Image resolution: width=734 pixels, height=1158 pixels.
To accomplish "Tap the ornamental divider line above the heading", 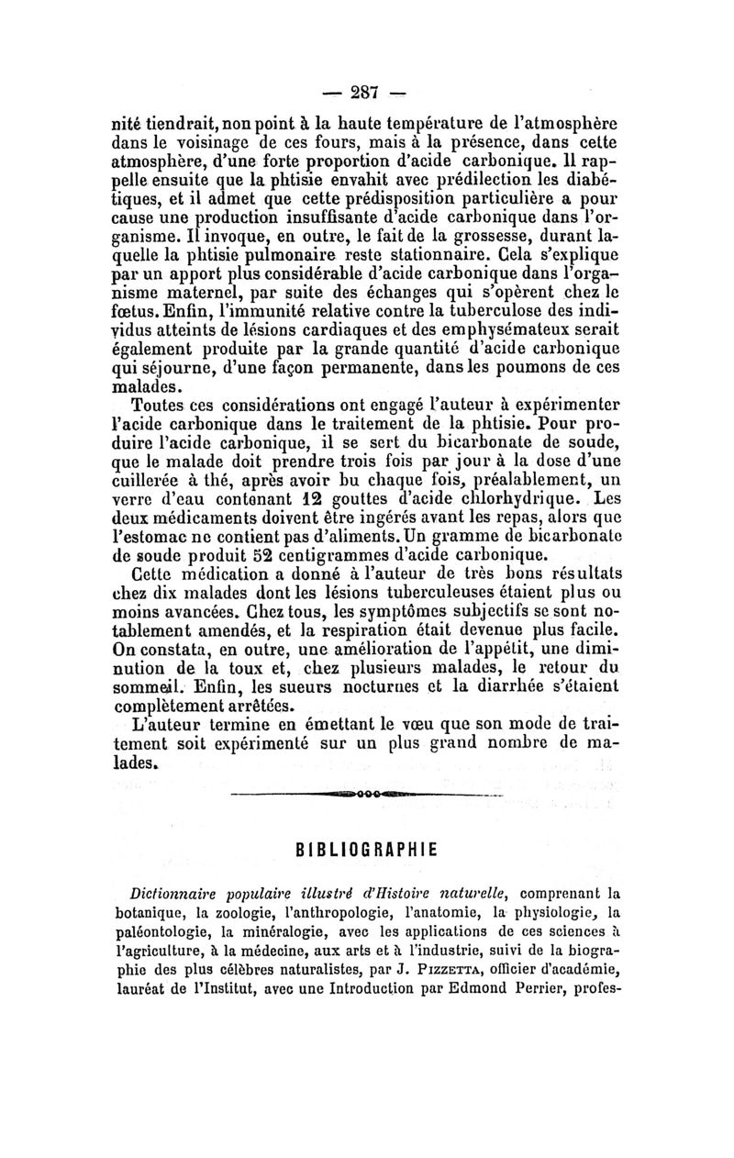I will point(367,793).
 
